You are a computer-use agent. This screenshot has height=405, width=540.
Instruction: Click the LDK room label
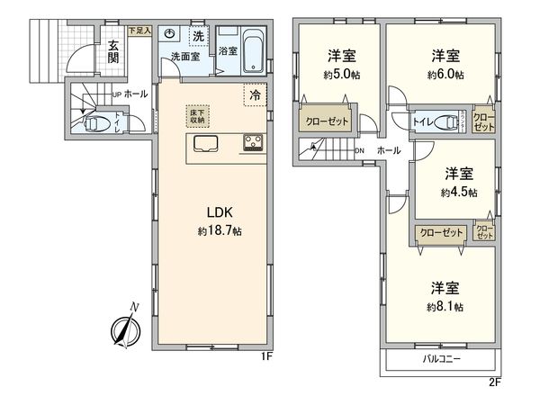pos(220,213)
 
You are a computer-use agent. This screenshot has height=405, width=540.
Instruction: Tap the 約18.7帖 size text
pos(220,230)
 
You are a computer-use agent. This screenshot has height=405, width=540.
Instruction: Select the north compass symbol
pos(122,328)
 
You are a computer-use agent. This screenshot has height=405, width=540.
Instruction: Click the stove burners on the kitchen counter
pos(251,144)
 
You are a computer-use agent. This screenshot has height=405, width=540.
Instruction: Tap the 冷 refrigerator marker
pos(256,94)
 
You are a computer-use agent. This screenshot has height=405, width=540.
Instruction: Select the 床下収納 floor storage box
pos(197,114)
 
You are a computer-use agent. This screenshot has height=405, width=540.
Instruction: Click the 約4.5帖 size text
pos(459,192)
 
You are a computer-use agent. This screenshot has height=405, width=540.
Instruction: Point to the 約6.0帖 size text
pos(446,76)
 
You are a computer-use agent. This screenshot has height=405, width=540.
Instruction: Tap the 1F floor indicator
pos(266,356)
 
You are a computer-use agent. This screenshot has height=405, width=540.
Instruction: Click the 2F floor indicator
pos(494,382)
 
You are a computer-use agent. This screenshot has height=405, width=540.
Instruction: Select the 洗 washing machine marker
pos(198,37)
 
